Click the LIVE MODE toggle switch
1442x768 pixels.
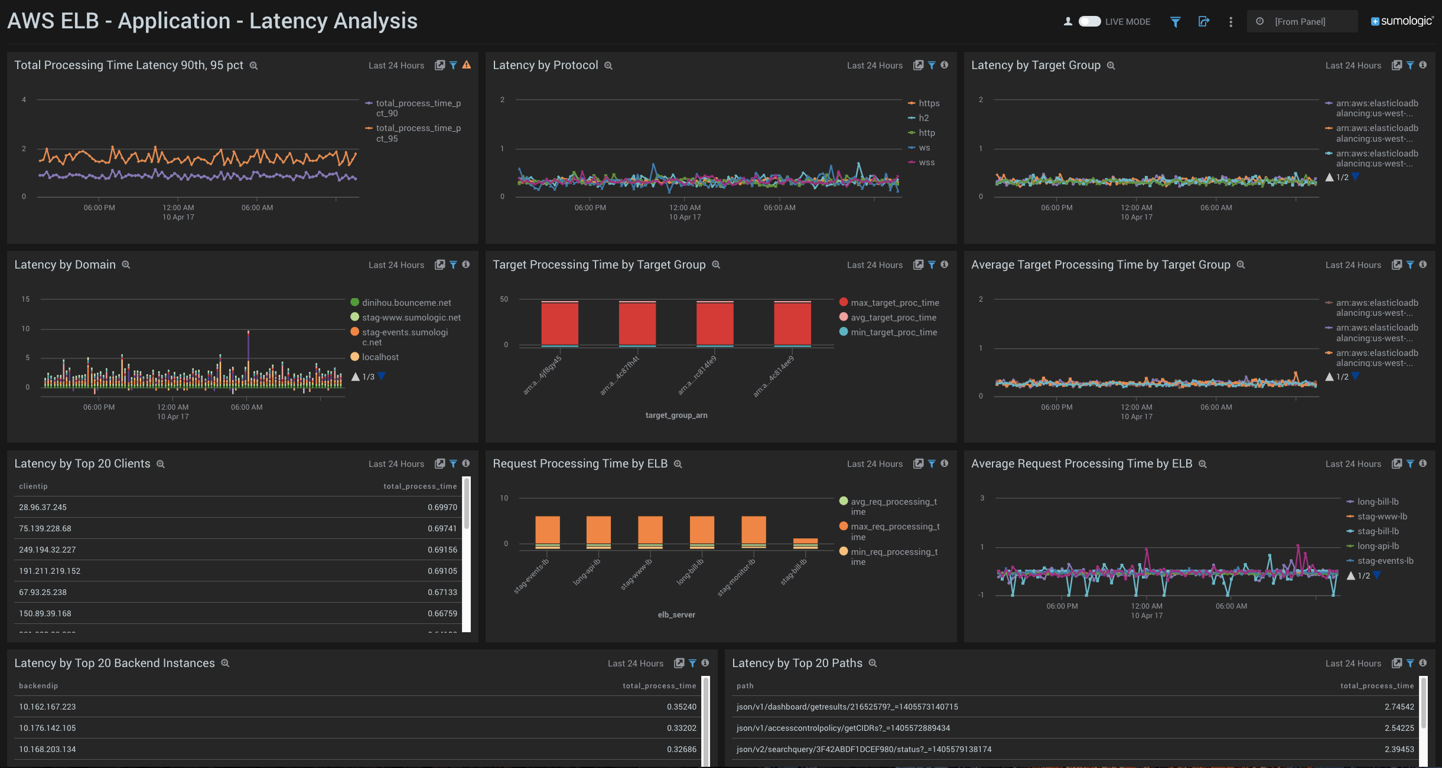(1089, 22)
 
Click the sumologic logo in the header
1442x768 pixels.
(1402, 21)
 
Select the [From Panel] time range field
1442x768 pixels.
(1300, 22)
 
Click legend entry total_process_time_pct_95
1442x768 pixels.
(418, 133)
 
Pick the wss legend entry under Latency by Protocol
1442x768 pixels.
(926, 163)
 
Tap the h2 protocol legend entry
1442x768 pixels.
(923, 118)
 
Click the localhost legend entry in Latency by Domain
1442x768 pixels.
(380, 357)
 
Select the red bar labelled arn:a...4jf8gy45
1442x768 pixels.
(559, 323)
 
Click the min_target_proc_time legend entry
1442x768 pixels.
(893, 332)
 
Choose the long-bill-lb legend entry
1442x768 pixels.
(1378, 502)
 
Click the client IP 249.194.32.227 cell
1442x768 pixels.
(47, 550)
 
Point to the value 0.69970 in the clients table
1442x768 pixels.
(442, 507)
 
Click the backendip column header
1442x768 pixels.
(38, 686)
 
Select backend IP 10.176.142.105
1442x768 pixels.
(47, 728)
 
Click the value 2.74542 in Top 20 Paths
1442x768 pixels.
(1399, 707)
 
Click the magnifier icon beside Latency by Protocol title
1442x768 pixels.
(608, 66)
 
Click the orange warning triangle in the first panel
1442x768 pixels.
(467, 65)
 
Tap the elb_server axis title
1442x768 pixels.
(676, 615)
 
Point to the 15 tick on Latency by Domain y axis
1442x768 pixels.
(25, 299)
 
